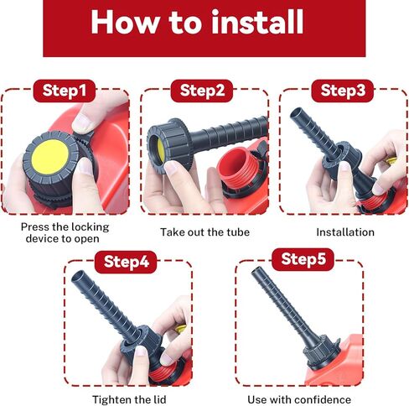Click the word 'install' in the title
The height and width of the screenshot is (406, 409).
click(x=257, y=22)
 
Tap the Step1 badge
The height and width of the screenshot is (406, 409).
click(x=65, y=91)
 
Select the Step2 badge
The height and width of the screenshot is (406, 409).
click(x=202, y=91)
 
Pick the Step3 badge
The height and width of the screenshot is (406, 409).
click(x=343, y=91)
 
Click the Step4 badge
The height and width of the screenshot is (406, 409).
click(x=126, y=262)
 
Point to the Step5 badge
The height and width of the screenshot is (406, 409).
click(x=303, y=259)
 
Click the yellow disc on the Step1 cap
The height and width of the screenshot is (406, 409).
click(x=49, y=157)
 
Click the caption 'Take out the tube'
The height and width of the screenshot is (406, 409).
click(x=204, y=232)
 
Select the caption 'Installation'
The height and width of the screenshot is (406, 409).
click(x=345, y=232)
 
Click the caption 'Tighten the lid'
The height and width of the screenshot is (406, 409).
click(x=129, y=399)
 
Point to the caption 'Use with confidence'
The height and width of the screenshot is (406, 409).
click(x=299, y=399)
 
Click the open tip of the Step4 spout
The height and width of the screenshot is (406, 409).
click(x=78, y=276)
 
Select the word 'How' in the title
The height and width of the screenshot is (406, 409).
click(x=126, y=22)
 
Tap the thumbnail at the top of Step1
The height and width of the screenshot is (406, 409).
click(x=83, y=122)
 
